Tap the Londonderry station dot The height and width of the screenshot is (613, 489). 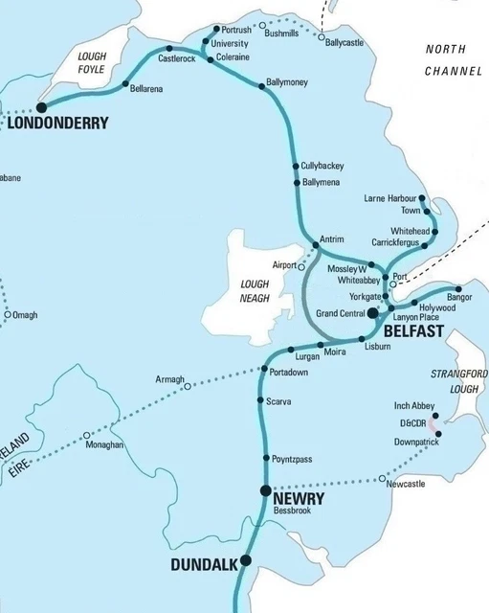tap(41, 108)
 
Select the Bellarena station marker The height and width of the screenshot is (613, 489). tap(126, 85)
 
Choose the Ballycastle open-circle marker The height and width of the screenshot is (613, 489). tap(322, 32)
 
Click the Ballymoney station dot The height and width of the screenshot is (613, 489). tap(262, 86)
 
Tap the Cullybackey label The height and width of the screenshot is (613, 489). tap(322, 166)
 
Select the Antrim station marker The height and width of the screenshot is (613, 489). tap(316, 247)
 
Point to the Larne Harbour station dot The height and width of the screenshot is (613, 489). tap(422, 199)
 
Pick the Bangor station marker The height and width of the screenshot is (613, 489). tap(458, 288)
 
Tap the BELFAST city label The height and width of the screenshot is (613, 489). tap(412, 330)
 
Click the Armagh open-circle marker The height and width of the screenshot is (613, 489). tap(188, 387)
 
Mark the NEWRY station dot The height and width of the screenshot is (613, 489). tap(265, 490)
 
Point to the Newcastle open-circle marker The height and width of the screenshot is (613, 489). tap(382, 477)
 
